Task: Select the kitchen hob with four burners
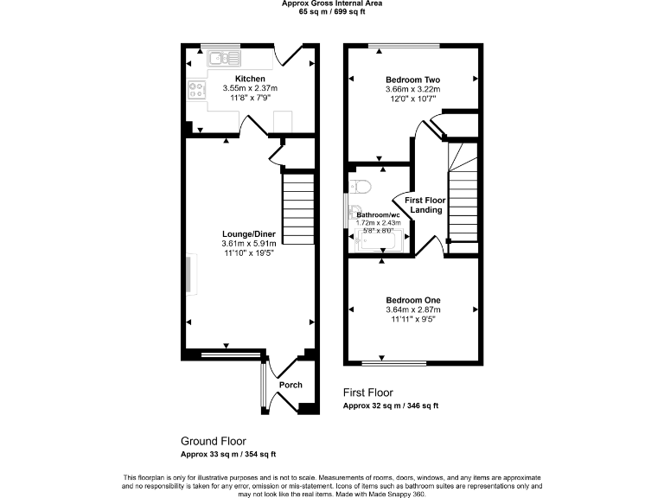[196, 91]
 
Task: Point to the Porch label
[290, 385]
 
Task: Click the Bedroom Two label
[412, 79]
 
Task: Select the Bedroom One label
[412, 299]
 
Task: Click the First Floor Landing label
[426, 205]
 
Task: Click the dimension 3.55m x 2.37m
[249, 88]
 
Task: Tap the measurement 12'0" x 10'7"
[412, 99]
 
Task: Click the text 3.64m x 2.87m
[412, 310]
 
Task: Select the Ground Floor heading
[213, 439]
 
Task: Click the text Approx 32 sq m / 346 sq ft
[390, 405]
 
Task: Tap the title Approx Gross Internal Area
[332, 3]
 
